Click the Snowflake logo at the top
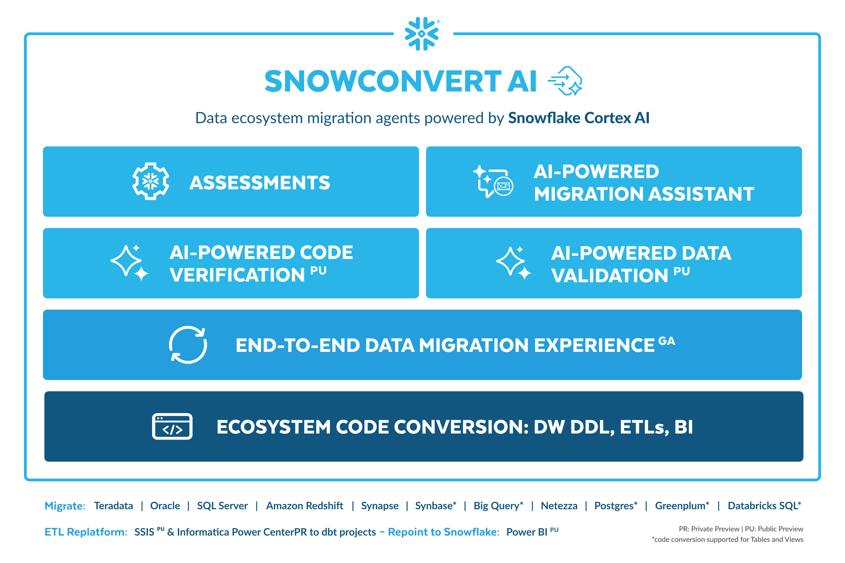[422, 34]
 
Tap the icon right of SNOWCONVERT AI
[565, 81]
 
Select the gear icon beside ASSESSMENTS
[151, 181]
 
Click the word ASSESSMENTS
[259, 183]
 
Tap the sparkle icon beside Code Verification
[129, 263]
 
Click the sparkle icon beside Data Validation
[513, 263]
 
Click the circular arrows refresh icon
[188, 345]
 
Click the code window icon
[172, 426]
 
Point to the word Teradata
[113, 506]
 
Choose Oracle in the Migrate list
[165, 506]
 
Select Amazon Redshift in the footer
[304, 506]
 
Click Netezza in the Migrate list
[559, 506]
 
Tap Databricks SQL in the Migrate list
[764, 506]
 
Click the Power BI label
[527, 532]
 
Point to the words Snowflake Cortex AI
[578, 118]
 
